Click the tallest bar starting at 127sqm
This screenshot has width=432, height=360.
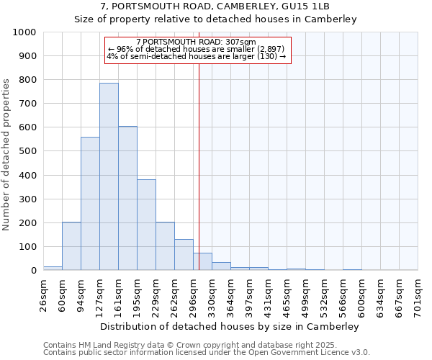click(x=109, y=176)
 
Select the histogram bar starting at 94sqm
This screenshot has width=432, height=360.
click(x=90, y=204)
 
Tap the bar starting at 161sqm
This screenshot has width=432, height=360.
click(x=127, y=198)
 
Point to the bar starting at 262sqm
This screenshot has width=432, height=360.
click(x=184, y=255)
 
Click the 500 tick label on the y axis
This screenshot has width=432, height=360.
click(x=27, y=151)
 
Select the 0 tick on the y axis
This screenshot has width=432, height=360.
click(x=33, y=271)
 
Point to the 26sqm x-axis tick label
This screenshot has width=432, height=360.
click(x=44, y=295)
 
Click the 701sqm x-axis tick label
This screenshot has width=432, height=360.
click(x=418, y=295)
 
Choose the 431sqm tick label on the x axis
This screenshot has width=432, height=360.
click(x=269, y=295)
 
